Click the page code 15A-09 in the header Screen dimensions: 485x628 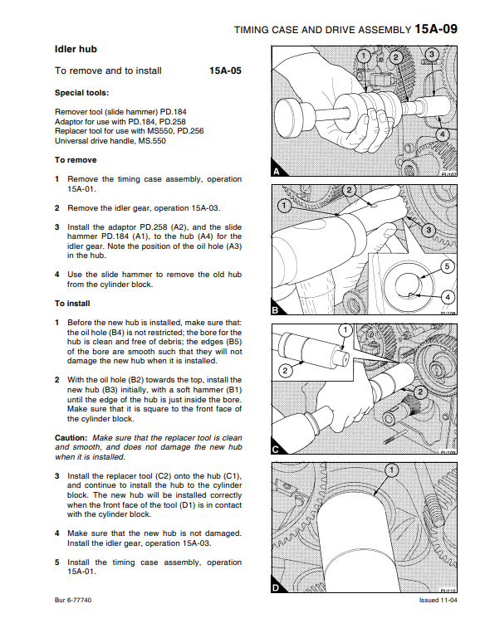point(436,29)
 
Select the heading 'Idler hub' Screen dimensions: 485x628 point(76,49)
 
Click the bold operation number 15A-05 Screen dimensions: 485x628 point(225,71)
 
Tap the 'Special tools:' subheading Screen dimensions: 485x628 point(81,93)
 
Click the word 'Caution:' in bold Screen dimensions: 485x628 point(71,438)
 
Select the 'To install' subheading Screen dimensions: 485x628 point(72,304)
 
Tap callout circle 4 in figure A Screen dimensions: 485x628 point(442,134)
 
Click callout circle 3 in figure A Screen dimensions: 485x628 point(431,55)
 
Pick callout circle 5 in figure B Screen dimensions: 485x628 point(448,266)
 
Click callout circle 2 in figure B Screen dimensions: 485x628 point(349,190)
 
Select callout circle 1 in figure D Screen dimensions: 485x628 point(392,470)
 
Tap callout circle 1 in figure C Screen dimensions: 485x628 point(345,330)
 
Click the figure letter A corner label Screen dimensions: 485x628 point(277,172)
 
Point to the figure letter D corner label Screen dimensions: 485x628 point(277,587)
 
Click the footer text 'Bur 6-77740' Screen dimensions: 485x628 point(73,600)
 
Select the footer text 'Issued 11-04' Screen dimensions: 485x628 point(438,600)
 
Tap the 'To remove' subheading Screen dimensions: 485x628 point(76,160)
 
